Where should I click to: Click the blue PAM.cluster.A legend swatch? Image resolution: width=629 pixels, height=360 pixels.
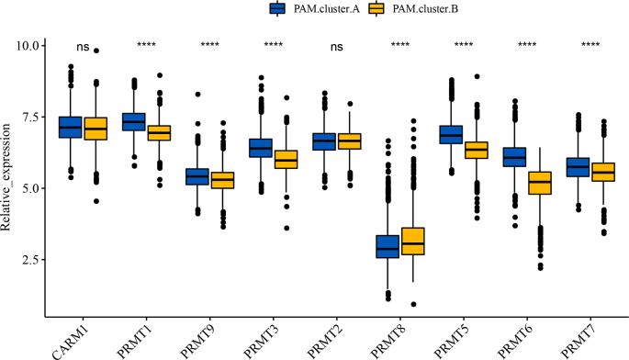click(x=276, y=8)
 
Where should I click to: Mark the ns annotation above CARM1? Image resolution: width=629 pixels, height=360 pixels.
click(x=84, y=45)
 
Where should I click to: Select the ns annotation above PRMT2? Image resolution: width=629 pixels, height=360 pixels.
click(x=337, y=45)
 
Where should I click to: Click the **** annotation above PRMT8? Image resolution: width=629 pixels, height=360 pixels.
click(x=400, y=45)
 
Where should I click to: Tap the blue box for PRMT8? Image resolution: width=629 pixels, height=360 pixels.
click(x=388, y=246)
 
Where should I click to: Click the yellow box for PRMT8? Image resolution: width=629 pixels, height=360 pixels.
click(x=413, y=241)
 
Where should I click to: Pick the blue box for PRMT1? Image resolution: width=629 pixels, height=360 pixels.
click(x=134, y=121)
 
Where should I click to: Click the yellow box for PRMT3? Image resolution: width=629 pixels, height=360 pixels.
click(x=286, y=159)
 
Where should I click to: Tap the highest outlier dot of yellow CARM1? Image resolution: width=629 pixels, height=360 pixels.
click(x=96, y=51)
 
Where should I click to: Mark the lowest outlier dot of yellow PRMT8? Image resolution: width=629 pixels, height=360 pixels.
click(x=413, y=304)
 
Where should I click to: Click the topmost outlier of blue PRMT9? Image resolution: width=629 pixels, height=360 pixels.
click(x=197, y=94)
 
